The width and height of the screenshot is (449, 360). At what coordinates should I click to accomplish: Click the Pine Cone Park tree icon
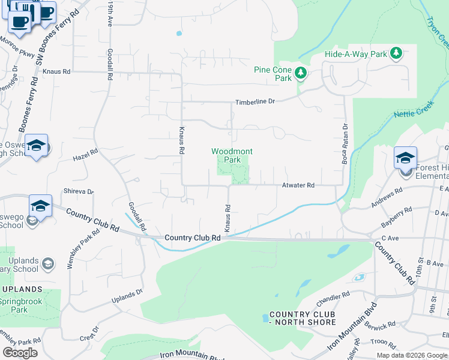tap(301, 74)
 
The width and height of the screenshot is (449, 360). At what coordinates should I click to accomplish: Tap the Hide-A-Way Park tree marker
tap(396, 53)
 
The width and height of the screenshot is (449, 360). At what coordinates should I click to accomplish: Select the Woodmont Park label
tap(225, 155)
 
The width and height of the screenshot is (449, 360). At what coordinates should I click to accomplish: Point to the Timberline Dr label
tap(255, 102)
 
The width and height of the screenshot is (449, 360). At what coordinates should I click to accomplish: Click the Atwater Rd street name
tap(298, 186)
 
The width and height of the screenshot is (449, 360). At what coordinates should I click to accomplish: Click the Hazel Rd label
tap(85, 155)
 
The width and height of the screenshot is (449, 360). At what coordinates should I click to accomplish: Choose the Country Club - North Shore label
tap(303, 319)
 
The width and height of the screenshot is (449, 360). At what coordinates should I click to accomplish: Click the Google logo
tap(20, 352)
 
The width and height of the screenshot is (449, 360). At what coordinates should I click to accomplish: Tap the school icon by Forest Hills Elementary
tap(405, 158)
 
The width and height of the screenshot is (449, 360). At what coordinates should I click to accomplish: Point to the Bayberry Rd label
tap(397, 218)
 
